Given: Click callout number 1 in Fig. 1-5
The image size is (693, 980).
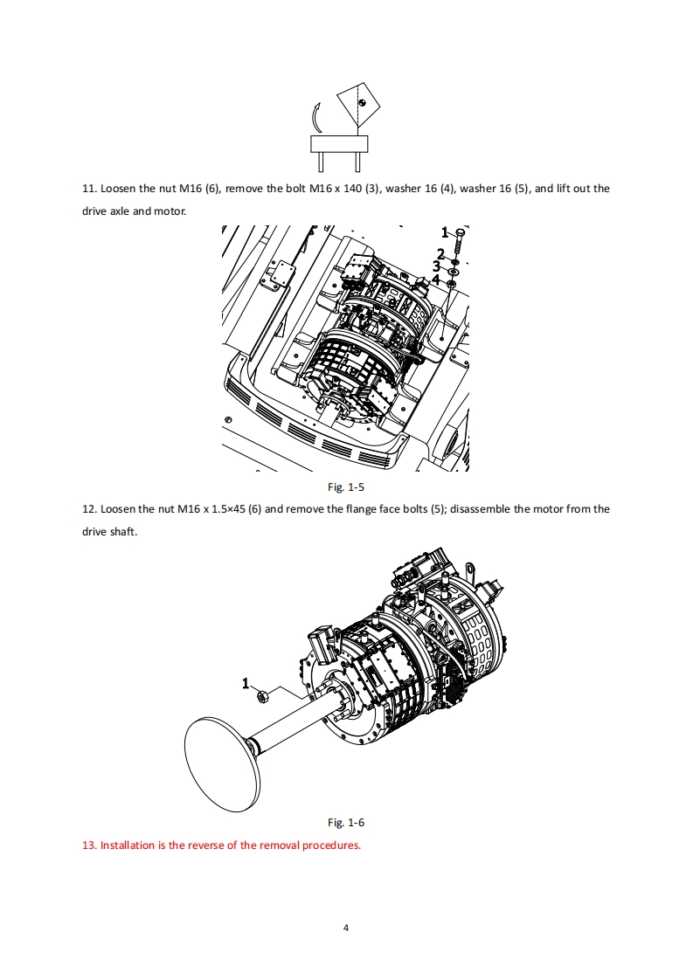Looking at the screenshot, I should (444, 232).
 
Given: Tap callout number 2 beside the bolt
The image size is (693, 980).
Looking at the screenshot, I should (440, 253).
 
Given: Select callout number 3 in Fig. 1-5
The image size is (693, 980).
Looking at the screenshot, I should (436, 266).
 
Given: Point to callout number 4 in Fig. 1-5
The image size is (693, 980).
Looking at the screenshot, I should (436, 280).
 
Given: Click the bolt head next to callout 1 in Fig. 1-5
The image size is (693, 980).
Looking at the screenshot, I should (461, 231).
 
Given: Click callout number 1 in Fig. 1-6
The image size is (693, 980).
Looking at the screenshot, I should (246, 682).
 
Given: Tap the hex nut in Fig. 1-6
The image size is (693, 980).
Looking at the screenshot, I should (262, 695).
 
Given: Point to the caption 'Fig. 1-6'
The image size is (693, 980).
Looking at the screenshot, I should (346, 823).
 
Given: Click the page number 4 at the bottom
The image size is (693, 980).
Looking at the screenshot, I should (347, 928).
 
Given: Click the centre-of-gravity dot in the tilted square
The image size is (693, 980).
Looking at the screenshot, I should (362, 102).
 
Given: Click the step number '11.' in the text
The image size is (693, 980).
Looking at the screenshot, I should (88, 189).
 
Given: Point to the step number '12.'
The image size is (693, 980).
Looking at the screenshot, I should (88, 509).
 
